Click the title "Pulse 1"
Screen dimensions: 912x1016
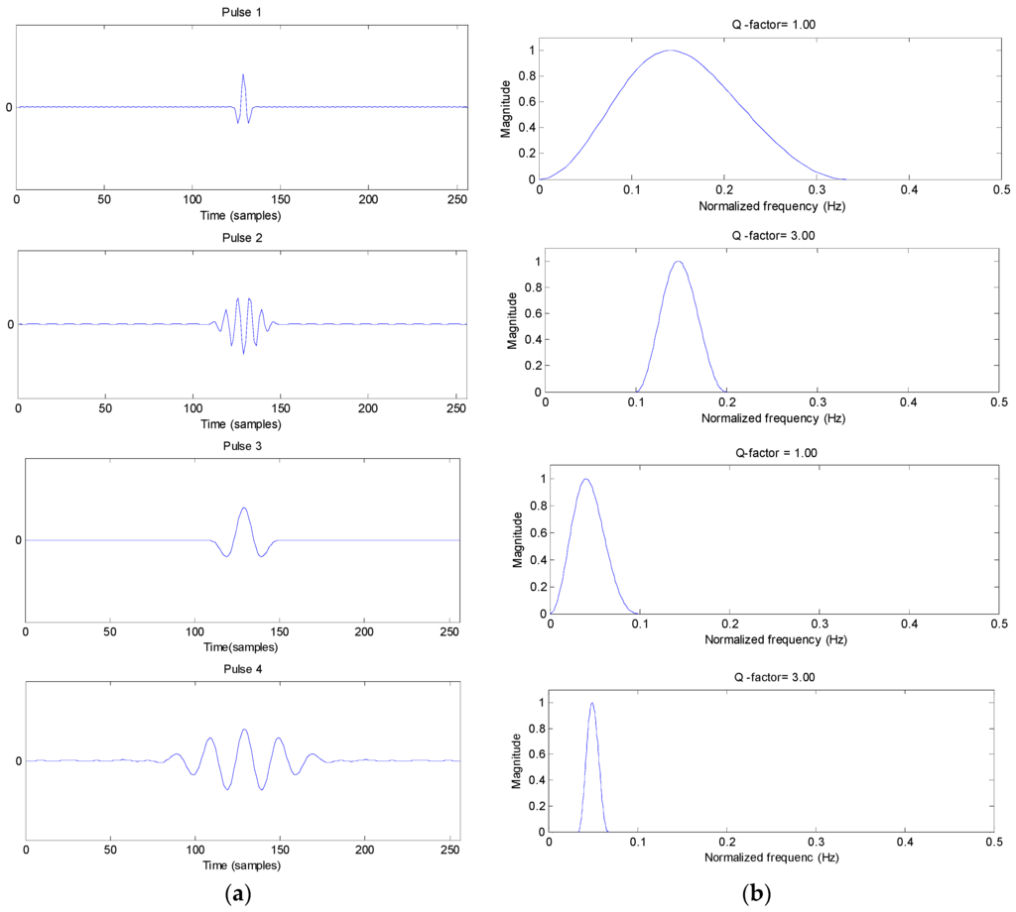(x=242, y=12)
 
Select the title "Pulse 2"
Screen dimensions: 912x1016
(x=242, y=238)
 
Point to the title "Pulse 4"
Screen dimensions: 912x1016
(x=242, y=669)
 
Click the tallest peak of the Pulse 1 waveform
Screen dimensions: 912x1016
(x=243, y=74)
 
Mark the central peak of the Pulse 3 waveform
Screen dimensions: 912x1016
(x=243, y=509)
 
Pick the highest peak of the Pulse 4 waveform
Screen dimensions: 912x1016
(x=243, y=730)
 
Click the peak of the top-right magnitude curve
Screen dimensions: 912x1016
(x=671, y=50)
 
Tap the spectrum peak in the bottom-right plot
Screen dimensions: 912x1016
(x=592, y=704)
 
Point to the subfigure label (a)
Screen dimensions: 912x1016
(x=238, y=894)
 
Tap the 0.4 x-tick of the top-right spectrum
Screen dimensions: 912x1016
(x=909, y=188)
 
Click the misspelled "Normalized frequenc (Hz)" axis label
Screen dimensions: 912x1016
(x=771, y=855)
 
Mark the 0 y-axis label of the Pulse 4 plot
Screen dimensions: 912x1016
(x=18, y=761)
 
